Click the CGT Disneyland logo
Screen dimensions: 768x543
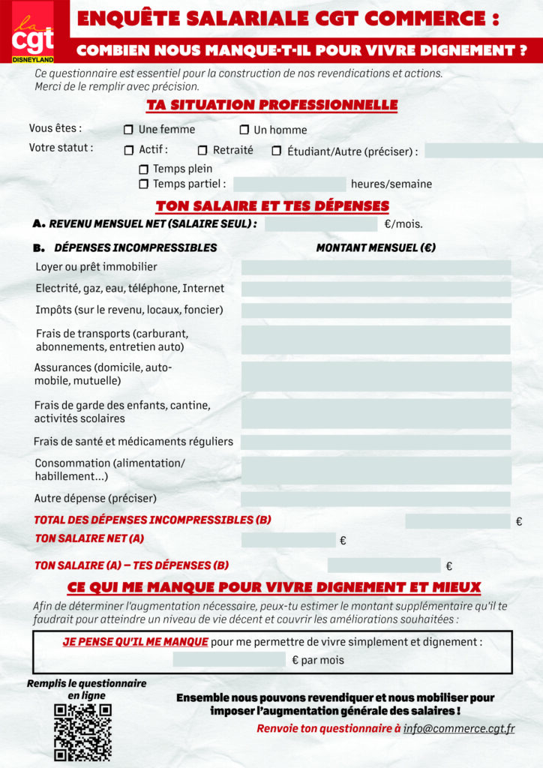pos(33,34)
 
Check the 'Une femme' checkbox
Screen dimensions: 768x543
pos(128,130)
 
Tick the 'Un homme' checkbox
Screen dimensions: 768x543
pos(244,130)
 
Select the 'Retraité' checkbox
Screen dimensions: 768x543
pos(202,151)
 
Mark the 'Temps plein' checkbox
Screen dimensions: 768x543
pos(143,169)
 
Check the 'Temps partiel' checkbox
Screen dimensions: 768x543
pos(143,184)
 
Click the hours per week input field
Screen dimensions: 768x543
pos(289,184)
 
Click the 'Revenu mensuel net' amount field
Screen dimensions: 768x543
pos(321,224)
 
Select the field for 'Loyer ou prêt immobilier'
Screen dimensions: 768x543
pos(376,268)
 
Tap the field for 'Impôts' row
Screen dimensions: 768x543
pos(376,310)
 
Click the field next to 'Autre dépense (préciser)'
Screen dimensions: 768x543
pos(376,499)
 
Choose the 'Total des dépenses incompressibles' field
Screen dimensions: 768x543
pos(457,521)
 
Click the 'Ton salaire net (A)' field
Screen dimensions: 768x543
pos(288,540)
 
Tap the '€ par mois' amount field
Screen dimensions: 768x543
pos(229,660)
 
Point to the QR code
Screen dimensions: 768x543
pos(82,732)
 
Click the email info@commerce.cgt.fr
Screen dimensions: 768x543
pos(459,728)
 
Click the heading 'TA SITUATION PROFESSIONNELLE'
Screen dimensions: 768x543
pos(271,105)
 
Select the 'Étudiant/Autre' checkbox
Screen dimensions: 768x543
pos(277,151)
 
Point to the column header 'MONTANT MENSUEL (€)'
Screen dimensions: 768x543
pos(376,247)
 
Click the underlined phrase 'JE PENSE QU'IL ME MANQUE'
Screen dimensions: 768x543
pos(135,642)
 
